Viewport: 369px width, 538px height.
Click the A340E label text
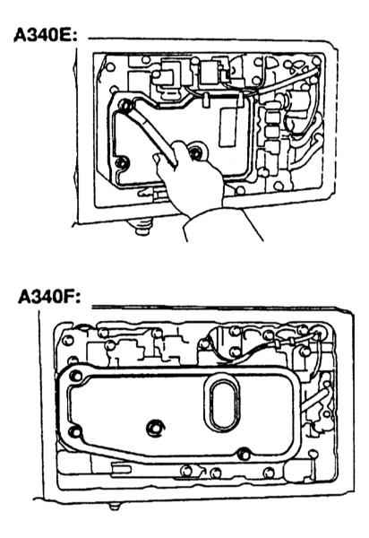[x=46, y=35]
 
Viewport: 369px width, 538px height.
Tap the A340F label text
[x=49, y=297]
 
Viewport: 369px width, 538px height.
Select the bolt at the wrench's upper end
[x=124, y=105]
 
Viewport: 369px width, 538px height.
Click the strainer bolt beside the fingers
[x=196, y=152]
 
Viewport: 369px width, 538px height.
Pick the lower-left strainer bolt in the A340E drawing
[x=122, y=162]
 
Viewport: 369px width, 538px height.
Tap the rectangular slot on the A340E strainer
[x=227, y=127]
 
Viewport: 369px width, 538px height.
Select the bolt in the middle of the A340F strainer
[x=154, y=428]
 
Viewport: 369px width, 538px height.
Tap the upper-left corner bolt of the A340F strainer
[x=76, y=376]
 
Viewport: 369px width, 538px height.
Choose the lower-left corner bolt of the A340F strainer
[x=74, y=431]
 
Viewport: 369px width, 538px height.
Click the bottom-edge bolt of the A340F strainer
[x=244, y=455]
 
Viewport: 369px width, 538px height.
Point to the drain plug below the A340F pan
[x=115, y=506]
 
